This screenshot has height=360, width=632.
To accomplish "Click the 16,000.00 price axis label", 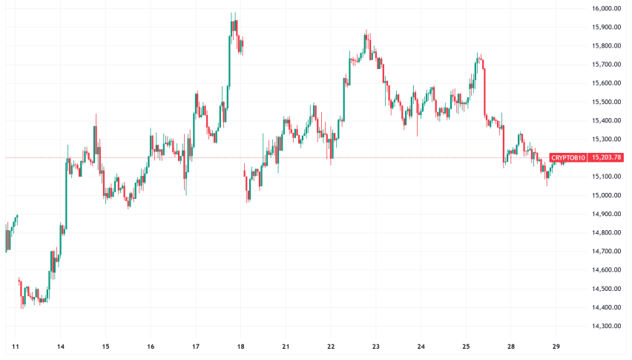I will [606, 9].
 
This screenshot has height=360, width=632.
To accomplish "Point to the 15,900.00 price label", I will [606, 27].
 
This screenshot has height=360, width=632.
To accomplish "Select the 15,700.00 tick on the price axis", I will [606, 65].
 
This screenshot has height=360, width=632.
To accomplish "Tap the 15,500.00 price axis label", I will [606, 102].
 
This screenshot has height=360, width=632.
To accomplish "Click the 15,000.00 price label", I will [606, 195].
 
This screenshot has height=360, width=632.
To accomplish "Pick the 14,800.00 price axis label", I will [606, 232].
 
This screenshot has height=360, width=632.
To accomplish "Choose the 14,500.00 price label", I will [606, 289].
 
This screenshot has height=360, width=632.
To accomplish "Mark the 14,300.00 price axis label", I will [606, 326].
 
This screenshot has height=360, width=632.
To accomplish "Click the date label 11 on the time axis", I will [16, 347].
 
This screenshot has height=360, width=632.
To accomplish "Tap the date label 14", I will [61, 347].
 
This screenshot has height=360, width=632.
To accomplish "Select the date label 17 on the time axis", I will [196, 347].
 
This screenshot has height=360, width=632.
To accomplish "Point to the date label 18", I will [241, 347].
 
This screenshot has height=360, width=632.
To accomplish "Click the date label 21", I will [286, 347].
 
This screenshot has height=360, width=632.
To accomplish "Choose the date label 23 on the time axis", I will [376, 347].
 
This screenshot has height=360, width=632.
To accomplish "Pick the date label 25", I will [466, 347].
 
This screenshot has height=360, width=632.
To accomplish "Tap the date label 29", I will [556, 347].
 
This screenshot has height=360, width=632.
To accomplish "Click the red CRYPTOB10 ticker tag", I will [568, 157].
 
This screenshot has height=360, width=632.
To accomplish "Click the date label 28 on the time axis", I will [511, 347].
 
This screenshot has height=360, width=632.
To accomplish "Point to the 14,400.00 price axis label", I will [606, 307].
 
